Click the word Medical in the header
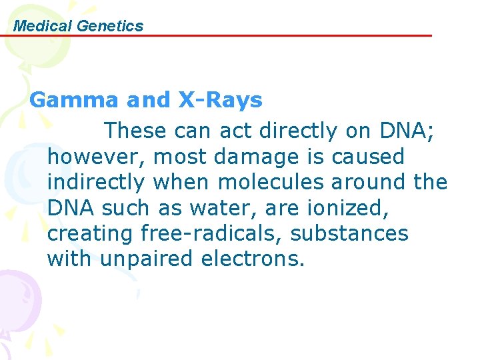[x=43, y=26]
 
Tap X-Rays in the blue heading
[x=220, y=101]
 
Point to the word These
[x=136, y=131]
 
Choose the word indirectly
[x=95, y=183]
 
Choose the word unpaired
[x=147, y=259]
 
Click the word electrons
[x=252, y=259]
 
